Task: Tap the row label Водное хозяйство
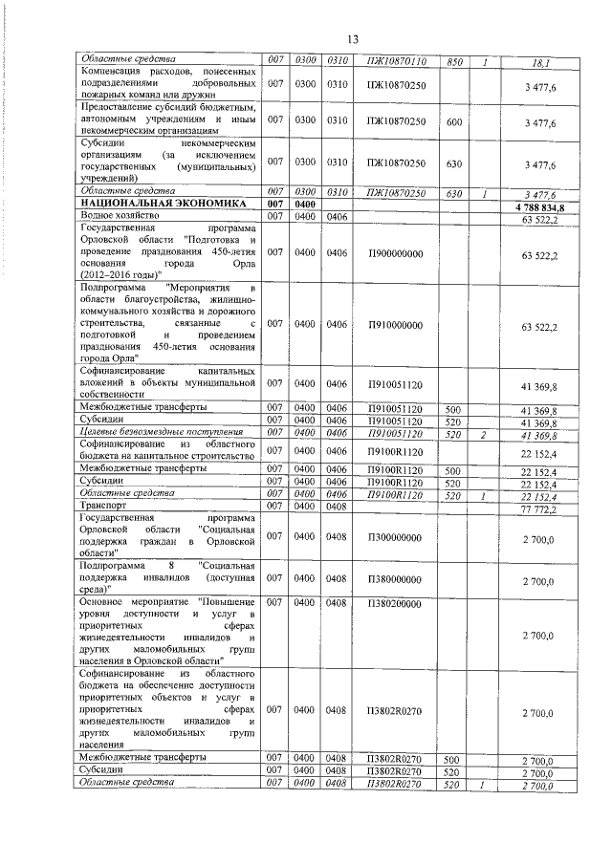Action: (120, 217)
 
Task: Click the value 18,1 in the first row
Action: (540, 63)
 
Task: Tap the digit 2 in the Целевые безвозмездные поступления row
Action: (485, 433)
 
